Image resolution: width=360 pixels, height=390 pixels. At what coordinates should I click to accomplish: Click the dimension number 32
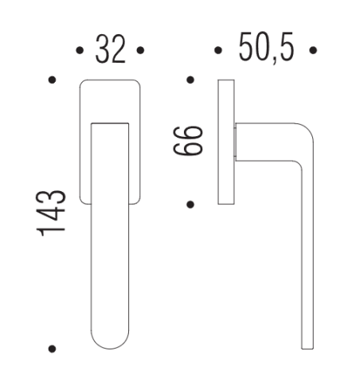[x=110, y=49]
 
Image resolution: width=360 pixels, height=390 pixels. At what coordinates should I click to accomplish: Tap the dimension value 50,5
[x=266, y=48]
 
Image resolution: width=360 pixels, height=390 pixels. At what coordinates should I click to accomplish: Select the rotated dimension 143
[x=51, y=213]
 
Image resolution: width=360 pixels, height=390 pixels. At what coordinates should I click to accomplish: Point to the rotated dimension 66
[x=188, y=141]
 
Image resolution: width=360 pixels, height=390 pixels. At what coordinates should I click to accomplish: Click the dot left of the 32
[x=80, y=50]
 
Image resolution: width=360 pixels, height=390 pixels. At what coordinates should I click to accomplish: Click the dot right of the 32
[x=140, y=50]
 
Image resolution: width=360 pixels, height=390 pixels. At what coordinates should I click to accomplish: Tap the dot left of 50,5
[x=218, y=50]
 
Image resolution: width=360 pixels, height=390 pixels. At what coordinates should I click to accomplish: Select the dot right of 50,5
[x=313, y=50]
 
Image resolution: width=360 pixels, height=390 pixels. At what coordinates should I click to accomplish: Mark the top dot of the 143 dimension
[x=53, y=80]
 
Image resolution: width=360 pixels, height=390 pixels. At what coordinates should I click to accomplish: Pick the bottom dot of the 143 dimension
[x=53, y=349]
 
